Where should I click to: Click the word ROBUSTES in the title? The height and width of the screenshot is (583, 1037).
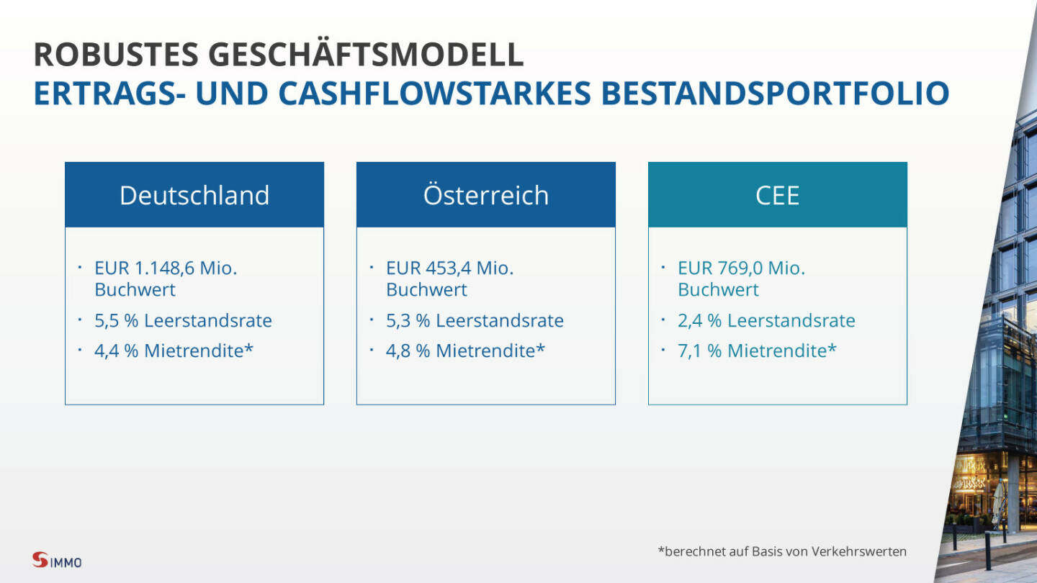tap(116, 55)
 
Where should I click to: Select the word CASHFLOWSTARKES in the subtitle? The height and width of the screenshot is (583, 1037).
tap(435, 93)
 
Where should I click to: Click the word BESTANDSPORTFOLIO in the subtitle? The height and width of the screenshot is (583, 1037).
tap(776, 93)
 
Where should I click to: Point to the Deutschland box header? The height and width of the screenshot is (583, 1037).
tap(194, 195)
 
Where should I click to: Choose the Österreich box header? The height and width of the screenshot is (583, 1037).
tap(486, 195)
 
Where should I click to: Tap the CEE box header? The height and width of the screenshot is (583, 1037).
tap(778, 195)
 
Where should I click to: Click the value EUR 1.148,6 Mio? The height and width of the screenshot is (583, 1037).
tap(166, 268)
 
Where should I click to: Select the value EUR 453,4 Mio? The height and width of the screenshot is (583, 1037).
tap(450, 268)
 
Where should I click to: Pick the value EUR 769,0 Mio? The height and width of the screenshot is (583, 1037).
tap(742, 268)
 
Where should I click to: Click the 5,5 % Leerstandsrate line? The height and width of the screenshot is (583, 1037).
tap(184, 320)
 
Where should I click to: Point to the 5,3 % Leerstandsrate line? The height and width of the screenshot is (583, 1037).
tap(475, 320)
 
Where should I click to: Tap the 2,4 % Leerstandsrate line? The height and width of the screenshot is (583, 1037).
tap(767, 320)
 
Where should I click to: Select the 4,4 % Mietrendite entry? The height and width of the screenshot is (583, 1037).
tap(174, 351)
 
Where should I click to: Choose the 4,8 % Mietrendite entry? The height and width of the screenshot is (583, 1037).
tap(466, 351)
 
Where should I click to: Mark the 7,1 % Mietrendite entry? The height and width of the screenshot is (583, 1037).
tap(758, 351)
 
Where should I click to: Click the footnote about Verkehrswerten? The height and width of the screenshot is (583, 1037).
tap(782, 551)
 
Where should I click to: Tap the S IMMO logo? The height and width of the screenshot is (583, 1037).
tap(57, 560)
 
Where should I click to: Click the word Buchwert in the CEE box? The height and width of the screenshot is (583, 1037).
tap(719, 289)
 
